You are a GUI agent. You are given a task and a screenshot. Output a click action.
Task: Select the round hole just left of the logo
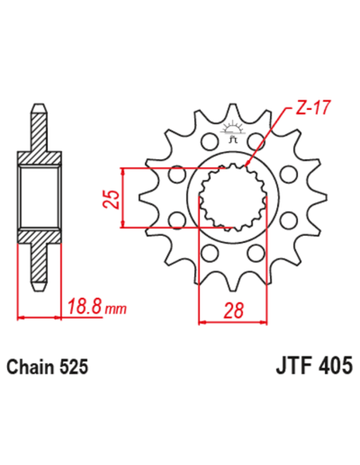[209, 142]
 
